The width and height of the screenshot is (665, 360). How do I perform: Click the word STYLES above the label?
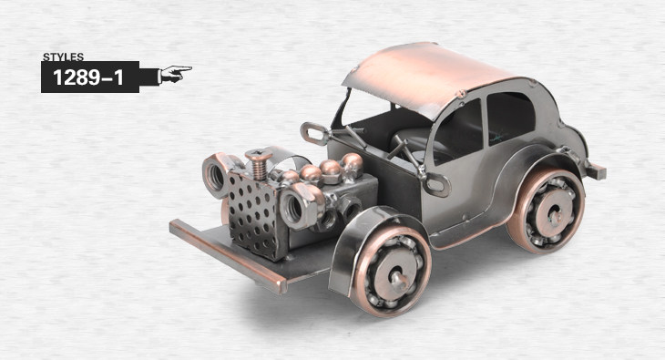[x=63, y=57]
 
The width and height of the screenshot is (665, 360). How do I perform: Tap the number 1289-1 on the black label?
[x=88, y=77]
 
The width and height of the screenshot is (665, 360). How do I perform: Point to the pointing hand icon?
[x=174, y=74]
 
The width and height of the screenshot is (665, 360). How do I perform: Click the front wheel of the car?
[x=390, y=272]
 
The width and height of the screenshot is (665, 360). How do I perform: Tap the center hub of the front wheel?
[x=398, y=278]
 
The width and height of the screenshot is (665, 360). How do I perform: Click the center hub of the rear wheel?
[x=556, y=215]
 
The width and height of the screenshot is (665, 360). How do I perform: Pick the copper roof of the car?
[x=428, y=77]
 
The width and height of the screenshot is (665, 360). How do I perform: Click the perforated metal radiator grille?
[x=253, y=217]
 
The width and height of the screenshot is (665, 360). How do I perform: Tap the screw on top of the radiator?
[x=259, y=164]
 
